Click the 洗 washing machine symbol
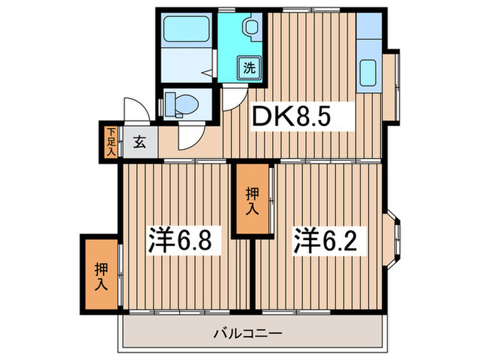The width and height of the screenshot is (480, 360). click(x=248, y=67)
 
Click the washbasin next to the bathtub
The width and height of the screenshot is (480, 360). click(x=250, y=29)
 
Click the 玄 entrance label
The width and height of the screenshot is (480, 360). click(x=139, y=143)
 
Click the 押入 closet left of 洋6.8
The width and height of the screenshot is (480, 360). click(x=101, y=274)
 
